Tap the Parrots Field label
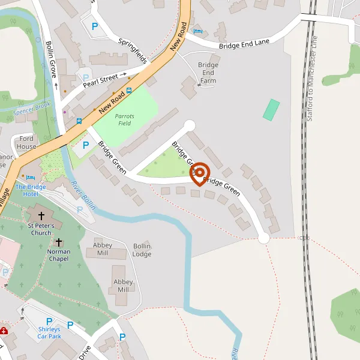[125, 119]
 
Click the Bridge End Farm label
[208, 73]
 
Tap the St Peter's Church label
[41, 229]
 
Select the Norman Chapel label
[59, 256]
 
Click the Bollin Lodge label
[142, 250]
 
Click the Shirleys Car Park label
[49, 333]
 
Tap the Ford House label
[26, 142]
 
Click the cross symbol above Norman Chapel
[59, 242]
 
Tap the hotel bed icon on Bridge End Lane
[199, 31]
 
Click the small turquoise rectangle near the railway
[271, 109]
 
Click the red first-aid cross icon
[4, 331]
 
